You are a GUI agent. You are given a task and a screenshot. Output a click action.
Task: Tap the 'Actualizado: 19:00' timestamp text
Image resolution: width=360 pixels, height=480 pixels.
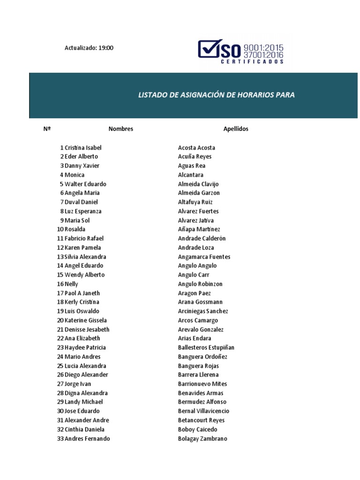(89, 48)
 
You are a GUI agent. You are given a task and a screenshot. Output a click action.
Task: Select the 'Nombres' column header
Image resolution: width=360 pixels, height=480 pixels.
(120, 129)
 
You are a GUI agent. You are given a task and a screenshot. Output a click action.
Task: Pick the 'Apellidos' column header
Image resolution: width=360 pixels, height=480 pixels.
(236, 129)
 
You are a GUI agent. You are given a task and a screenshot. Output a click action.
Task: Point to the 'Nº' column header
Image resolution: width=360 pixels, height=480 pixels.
(47, 129)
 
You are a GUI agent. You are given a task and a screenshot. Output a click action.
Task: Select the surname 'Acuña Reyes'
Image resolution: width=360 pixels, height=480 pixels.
(195, 157)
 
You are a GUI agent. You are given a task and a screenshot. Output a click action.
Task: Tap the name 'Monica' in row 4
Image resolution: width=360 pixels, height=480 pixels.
(75, 175)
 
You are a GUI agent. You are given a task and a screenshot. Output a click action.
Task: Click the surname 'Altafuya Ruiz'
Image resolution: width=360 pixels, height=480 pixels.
(195, 202)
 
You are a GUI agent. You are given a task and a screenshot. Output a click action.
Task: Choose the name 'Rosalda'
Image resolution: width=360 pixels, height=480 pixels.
(75, 229)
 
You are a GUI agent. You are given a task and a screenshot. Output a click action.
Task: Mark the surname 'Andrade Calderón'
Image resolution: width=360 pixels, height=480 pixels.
(202, 239)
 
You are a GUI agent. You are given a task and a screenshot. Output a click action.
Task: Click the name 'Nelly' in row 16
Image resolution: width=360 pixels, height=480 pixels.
(71, 284)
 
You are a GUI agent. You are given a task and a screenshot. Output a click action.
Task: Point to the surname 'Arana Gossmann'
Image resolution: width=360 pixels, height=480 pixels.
(200, 302)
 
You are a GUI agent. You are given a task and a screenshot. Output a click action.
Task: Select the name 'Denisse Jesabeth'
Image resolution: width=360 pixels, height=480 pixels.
(87, 330)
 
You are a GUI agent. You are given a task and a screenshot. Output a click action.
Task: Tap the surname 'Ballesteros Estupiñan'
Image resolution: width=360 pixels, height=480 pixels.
(206, 348)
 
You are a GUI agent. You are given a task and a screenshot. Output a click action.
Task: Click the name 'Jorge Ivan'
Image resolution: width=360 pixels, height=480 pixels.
(78, 384)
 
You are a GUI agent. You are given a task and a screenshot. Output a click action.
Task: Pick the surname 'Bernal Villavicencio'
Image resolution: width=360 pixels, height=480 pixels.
(203, 411)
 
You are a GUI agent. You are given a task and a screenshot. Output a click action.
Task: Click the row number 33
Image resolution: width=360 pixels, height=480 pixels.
(60, 439)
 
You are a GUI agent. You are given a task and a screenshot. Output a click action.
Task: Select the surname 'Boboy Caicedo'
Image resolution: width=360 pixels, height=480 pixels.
(197, 429)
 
